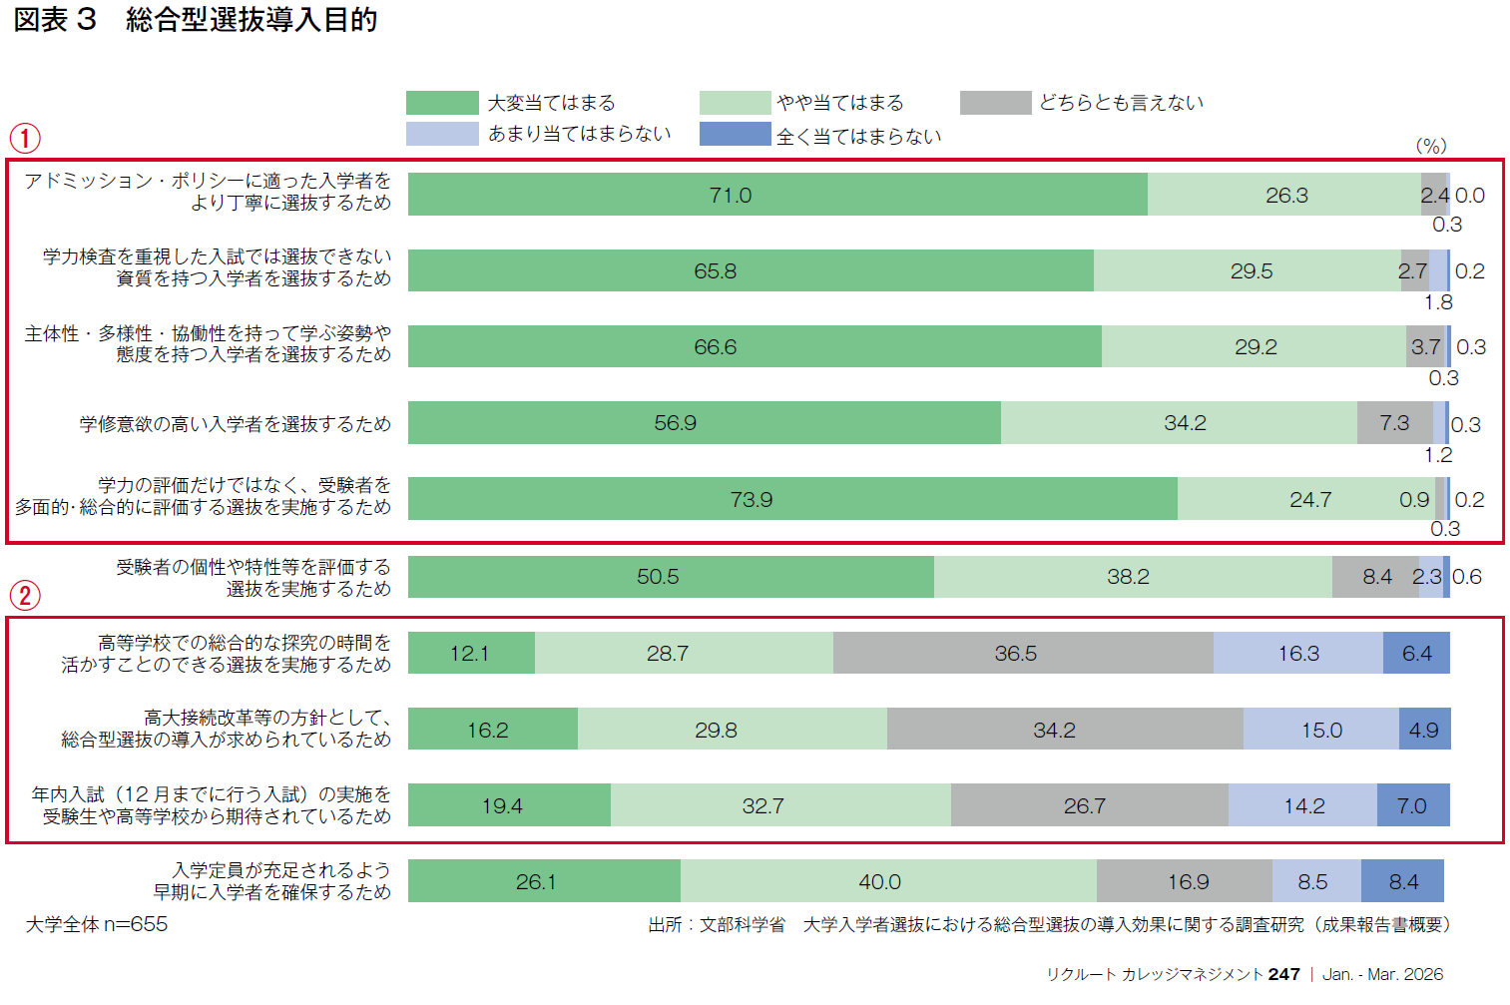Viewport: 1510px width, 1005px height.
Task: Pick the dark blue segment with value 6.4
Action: point(1416,654)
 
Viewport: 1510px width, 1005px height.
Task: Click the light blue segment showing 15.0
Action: point(1320,730)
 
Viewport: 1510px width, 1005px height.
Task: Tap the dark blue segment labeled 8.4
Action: point(1402,881)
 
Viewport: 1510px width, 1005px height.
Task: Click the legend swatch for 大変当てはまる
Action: point(442,103)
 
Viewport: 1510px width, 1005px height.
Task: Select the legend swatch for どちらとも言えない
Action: point(995,103)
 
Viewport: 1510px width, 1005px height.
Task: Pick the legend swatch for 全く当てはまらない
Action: point(736,135)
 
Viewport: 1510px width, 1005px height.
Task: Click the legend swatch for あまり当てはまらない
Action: point(442,134)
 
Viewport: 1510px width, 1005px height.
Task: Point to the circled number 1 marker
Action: point(25,138)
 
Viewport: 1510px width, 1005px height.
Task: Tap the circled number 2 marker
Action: point(25,596)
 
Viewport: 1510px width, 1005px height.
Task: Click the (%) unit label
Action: point(1430,146)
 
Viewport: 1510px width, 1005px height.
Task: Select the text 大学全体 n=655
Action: point(97,924)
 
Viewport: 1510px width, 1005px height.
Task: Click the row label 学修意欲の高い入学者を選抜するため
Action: point(236,424)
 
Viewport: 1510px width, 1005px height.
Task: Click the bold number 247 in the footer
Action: point(1283,974)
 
